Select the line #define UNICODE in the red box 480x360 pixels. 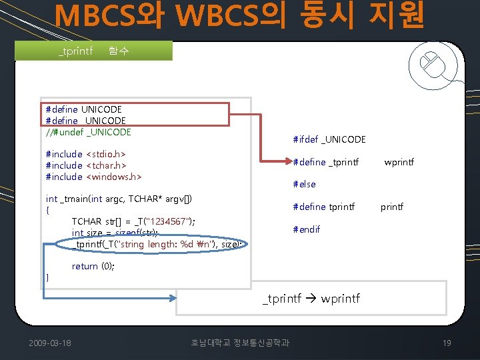click(83, 109)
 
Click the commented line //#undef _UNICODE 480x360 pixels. click(88, 132)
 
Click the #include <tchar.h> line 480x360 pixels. click(86, 165)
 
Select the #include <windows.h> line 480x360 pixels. click(93, 177)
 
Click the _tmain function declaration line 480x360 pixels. click(119, 199)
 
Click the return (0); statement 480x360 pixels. click(93, 266)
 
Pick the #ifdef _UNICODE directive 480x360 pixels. click(329, 139)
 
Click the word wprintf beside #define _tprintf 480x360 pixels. click(399, 162)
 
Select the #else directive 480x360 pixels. click(304, 184)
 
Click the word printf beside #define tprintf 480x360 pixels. click(392, 207)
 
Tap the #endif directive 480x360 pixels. click(306, 229)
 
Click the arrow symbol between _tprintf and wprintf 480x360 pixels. click(311, 298)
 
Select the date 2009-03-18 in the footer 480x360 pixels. click(51, 343)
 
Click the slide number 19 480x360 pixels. click(447, 343)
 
